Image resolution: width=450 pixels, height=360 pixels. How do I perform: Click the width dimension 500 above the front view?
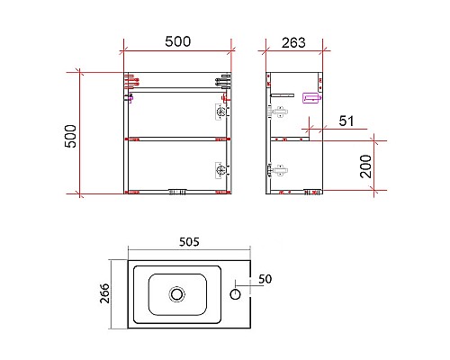tap(177, 41)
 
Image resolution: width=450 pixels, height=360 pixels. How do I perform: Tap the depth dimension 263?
tap(293, 41)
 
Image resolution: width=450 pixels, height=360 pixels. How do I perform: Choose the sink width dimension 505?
tap(188, 242)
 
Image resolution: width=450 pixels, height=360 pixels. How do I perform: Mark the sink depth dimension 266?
tap(103, 294)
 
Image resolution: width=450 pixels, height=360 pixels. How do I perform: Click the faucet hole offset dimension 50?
tap(265, 279)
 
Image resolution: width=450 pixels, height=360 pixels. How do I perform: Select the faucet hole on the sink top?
tap(238, 292)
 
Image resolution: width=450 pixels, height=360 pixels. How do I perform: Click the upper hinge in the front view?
tap(220, 112)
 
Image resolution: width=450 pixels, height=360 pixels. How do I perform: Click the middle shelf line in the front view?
tap(176, 139)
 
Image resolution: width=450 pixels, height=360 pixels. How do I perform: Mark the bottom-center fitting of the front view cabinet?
tap(177, 191)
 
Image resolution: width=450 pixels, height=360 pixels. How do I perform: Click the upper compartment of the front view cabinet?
tap(171, 114)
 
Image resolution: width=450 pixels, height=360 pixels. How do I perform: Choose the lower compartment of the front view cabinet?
tap(171, 166)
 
